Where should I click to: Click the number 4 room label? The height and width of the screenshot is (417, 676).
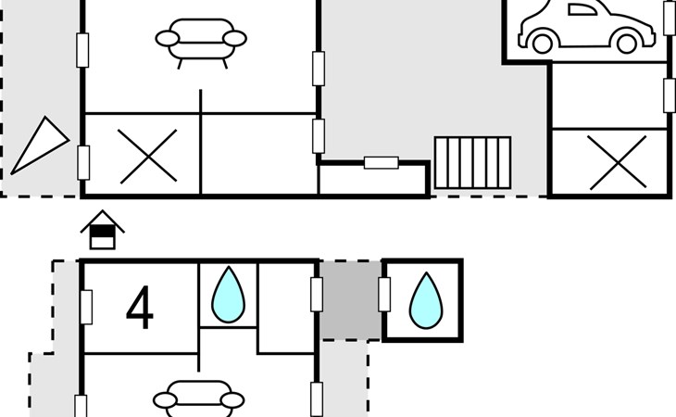click(139, 309)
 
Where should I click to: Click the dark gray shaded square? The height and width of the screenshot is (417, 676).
click(349, 300)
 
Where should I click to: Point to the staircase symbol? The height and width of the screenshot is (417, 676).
click(472, 163)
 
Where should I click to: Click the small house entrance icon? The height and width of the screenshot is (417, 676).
click(103, 231)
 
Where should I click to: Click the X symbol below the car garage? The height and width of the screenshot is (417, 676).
click(618, 162)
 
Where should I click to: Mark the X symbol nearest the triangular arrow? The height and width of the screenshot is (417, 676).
click(148, 155)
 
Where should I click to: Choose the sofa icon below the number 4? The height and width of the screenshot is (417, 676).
click(201, 398)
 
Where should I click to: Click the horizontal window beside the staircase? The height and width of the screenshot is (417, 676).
click(381, 163)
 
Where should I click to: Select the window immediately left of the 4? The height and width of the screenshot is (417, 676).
click(86, 307)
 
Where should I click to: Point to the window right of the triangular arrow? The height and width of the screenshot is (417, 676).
click(83, 160)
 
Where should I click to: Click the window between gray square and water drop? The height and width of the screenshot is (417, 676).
click(383, 293)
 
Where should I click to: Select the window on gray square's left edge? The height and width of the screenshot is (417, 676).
click(316, 293)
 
